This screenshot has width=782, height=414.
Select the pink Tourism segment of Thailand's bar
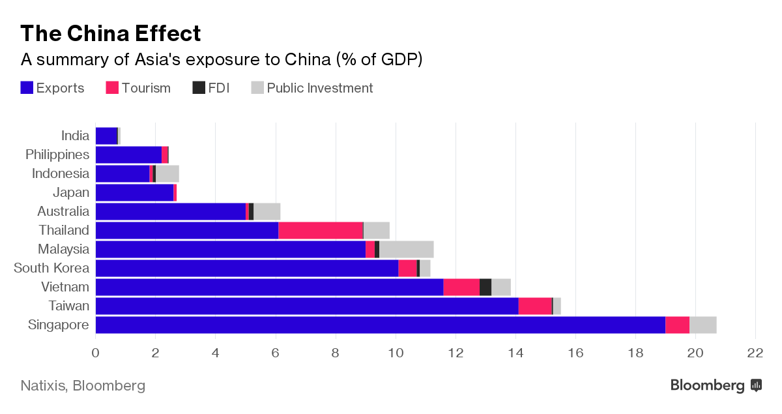tap(321, 230)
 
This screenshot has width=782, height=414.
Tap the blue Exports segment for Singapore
tap(380, 325)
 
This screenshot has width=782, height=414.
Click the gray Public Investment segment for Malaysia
tap(406, 249)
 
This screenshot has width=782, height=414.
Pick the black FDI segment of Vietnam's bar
tap(485, 287)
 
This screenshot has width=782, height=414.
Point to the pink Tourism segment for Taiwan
tap(535, 306)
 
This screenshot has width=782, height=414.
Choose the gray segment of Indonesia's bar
tap(167, 173)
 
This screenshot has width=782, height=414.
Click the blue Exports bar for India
tap(106, 136)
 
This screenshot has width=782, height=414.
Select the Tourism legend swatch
tap(112, 88)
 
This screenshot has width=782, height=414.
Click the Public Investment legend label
tap(320, 88)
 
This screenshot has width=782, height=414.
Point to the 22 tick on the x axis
tap(755, 353)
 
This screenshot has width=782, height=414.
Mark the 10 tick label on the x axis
tap(396, 353)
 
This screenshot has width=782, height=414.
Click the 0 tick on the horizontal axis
tap(96, 353)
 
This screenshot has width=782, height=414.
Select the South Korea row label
tap(51, 268)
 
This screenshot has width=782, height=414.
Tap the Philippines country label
tap(57, 155)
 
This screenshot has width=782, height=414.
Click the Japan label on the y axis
tap(71, 192)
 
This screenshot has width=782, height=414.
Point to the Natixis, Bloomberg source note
tap(83, 385)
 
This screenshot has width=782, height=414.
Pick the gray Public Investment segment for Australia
tap(267, 211)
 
